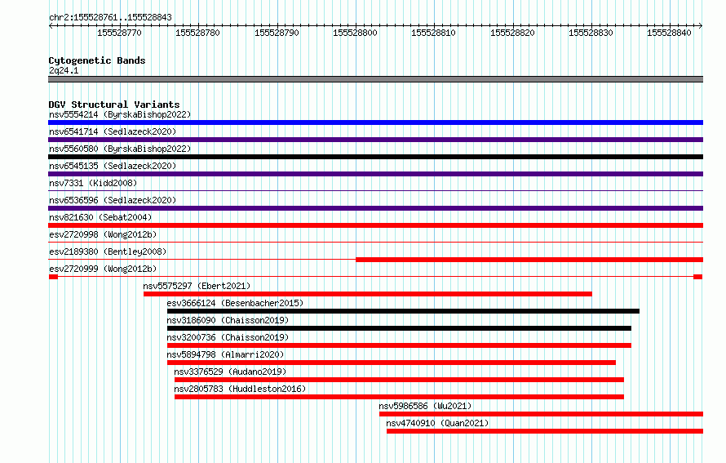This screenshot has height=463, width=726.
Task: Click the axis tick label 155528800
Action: click(355, 33)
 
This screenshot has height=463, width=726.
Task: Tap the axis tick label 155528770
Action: click(119, 33)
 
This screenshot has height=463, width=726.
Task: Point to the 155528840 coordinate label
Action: click(669, 33)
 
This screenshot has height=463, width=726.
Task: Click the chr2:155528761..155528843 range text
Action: click(110, 18)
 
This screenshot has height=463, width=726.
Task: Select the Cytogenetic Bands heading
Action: click(97, 60)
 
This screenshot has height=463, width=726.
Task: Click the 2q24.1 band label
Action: click(64, 70)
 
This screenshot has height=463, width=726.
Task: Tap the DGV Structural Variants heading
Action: click(114, 105)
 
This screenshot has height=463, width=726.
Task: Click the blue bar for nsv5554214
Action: click(375, 122)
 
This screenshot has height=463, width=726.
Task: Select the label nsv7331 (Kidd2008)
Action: click(93, 183)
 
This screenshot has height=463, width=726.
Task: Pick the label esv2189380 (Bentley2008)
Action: click(108, 252)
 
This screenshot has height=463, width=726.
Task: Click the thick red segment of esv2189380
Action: click(529, 260)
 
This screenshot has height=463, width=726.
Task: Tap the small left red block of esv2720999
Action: click(53, 277)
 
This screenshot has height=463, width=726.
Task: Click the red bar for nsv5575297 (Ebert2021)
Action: click(368, 294)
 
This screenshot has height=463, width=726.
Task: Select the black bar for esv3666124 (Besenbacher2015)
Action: click(403, 311)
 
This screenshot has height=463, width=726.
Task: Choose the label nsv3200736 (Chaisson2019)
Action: click(228, 337)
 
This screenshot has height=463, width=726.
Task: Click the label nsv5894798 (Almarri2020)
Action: click(225, 354)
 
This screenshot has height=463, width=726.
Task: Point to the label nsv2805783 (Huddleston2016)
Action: click(240, 389)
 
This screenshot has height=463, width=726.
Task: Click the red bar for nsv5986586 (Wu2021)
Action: click(542, 414)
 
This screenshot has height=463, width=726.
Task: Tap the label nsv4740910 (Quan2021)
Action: click(437, 423)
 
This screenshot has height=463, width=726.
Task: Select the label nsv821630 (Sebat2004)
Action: click(100, 217)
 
